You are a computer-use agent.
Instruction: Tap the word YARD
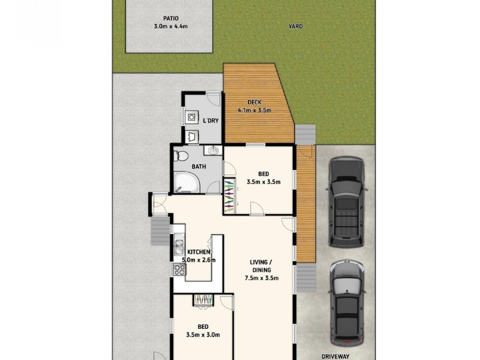click(x=295, y=26)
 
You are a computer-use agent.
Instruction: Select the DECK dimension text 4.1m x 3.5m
click(x=254, y=110)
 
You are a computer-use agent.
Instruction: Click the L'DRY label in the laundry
click(x=211, y=121)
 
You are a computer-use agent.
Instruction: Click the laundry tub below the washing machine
click(x=192, y=136)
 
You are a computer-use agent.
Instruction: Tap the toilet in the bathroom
click(x=180, y=156)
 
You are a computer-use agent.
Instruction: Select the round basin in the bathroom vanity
click(x=213, y=151)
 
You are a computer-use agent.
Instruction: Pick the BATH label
click(x=199, y=166)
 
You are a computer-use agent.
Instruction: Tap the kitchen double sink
click(x=179, y=246)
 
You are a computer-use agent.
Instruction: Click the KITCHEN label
click(x=198, y=252)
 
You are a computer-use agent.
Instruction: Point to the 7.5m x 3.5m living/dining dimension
click(x=264, y=278)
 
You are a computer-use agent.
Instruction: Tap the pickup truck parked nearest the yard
click(x=347, y=202)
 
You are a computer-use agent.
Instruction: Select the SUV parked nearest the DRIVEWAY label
click(x=347, y=303)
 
